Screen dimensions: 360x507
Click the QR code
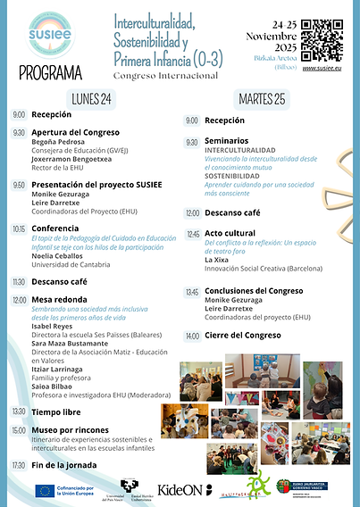click(x=322, y=38)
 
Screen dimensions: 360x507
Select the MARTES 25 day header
click(x=264, y=98)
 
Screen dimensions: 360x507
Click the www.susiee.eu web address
click(x=323, y=67)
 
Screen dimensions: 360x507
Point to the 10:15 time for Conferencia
click(x=19, y=229)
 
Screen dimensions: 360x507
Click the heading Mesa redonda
click(x=61, y=300)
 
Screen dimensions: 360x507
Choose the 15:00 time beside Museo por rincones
click(x=19, y=430)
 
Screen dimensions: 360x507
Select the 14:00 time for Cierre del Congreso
click(x=192, y=336)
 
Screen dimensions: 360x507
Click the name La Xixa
click(x=217, y=260)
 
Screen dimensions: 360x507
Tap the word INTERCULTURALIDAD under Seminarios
click(x=240, y=150)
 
